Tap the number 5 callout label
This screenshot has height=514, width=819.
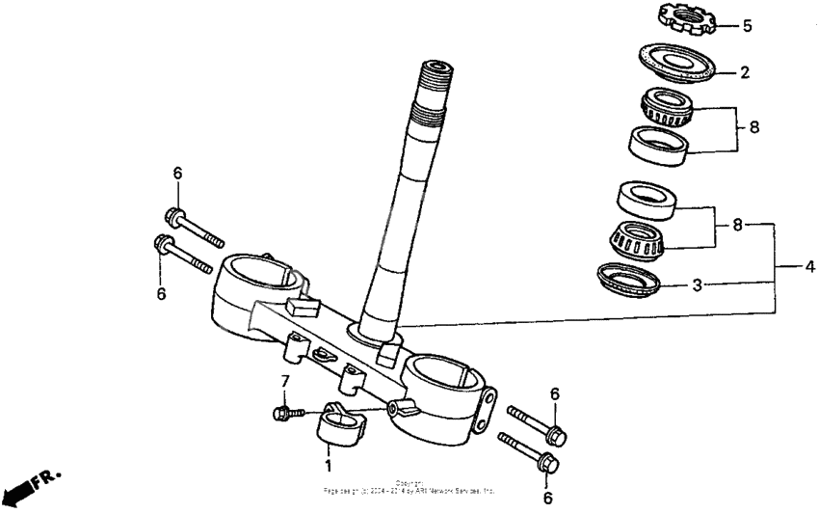click(x=747, y=26)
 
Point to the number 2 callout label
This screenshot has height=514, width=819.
click(x=744, y=71)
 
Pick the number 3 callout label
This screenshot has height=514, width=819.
click(x=696, y=286)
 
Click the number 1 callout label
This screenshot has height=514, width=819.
click(x=328, y=466)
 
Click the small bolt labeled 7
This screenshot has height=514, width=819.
click(x=288, y=414)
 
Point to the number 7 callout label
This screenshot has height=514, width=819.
click(x=284, y=381)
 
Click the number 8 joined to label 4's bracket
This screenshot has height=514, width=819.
click(x=736, y=225)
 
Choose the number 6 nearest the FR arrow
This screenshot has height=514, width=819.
click(x=161, y=292)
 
